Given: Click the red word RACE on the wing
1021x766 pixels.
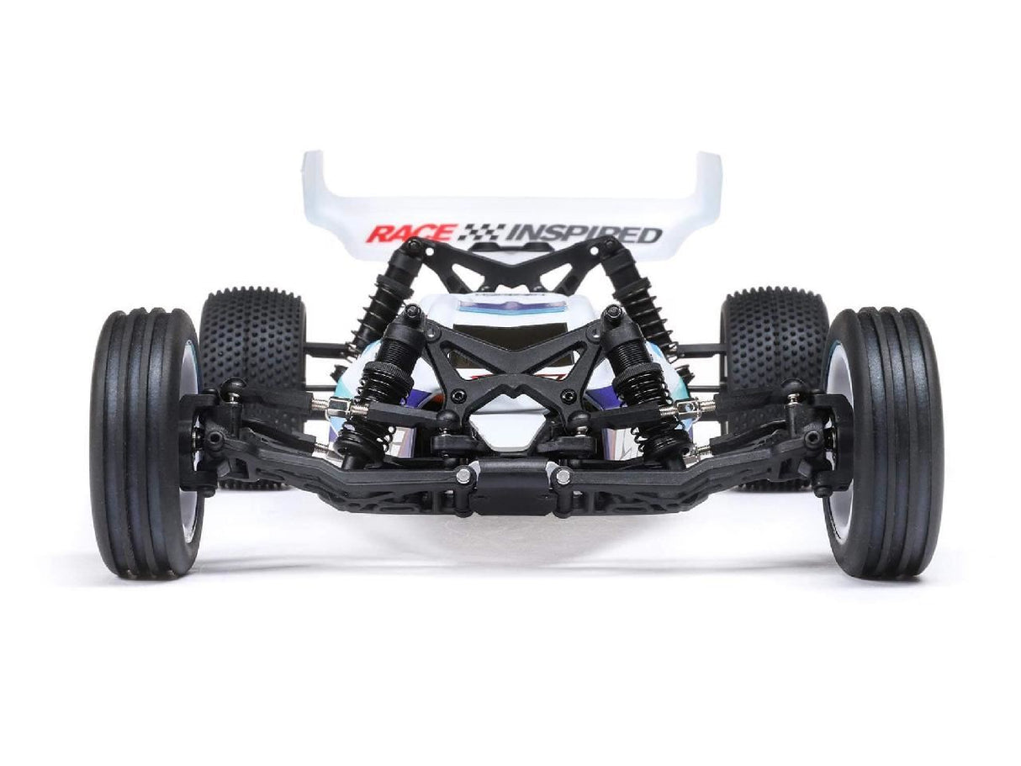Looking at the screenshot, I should click(410, 233).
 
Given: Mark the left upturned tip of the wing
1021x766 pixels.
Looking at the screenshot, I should click(314, 168).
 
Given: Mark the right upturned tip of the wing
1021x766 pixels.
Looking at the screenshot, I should click(711, 168).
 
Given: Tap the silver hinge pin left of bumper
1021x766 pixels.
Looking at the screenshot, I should click(462, 476).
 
